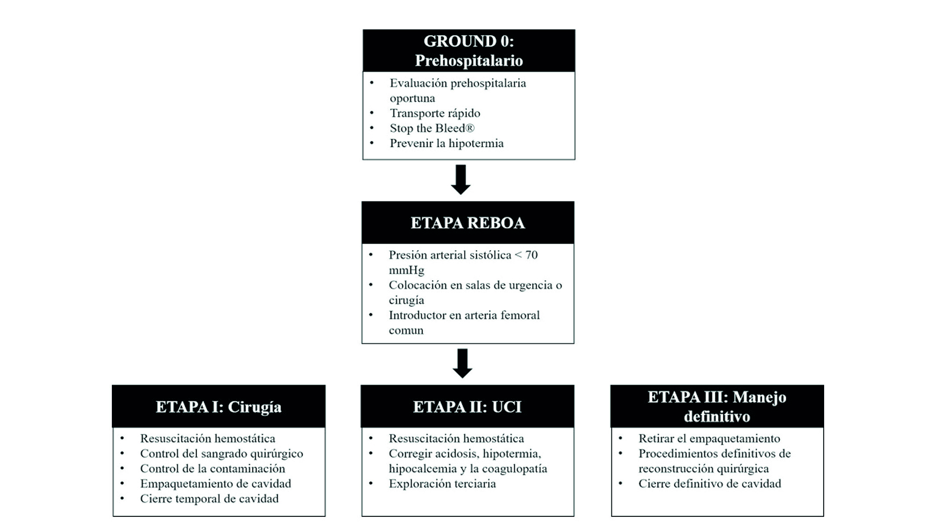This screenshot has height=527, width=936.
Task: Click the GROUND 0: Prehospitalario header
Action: pos(468,51)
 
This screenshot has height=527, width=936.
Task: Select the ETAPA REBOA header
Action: pos(468,223)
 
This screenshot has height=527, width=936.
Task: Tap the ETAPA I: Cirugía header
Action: pos(218,406)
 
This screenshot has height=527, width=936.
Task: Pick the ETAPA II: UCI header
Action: pos(467,406)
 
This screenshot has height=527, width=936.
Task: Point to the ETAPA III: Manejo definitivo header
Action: pos(717,406)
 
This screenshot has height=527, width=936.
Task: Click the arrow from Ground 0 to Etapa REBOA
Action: pos(461,179)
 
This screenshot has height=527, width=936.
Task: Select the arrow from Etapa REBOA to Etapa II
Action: pos(462,363)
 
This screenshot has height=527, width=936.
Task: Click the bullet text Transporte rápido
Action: pos(435,113)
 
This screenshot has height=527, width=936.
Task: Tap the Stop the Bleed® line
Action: pos(432,128)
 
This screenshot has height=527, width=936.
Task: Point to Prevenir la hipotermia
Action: pos(446,143)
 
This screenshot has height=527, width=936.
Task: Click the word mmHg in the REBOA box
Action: pos(406,270)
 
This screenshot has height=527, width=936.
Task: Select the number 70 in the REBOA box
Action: pos(531,255)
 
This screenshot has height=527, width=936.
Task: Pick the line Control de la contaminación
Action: pos(213,468)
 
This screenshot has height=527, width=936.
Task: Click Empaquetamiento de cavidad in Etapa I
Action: pos(215,483)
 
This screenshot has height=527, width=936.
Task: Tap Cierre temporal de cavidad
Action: pos(209,498)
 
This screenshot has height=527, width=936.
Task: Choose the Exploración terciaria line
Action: pos(442,483)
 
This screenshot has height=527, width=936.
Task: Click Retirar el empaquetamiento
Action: pos(709,438)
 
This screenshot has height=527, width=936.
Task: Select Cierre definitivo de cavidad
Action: pos(709,483)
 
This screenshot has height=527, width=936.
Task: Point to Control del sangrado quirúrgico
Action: pos(221,453)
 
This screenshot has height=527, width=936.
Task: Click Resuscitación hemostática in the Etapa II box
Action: pos(456,438)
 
